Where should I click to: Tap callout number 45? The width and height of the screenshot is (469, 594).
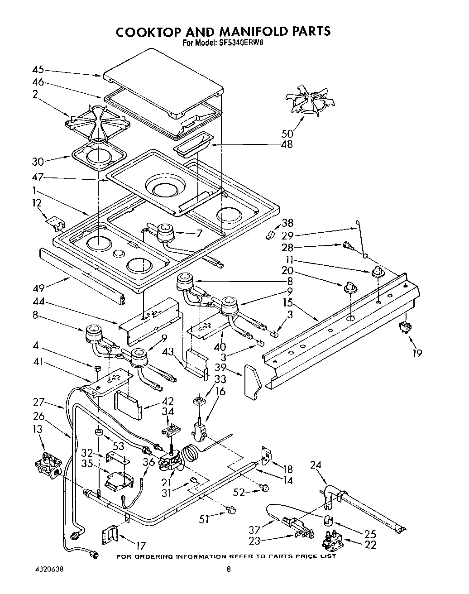click(38, 70)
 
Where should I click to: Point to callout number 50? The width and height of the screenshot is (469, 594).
click(287, 133)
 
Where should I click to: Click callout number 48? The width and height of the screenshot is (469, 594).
click(286, 144)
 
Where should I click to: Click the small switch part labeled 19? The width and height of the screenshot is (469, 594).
click(404, 327)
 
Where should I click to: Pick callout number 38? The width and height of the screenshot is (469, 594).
click(287, 223)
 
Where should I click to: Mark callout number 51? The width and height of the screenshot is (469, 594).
click(204, 519)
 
